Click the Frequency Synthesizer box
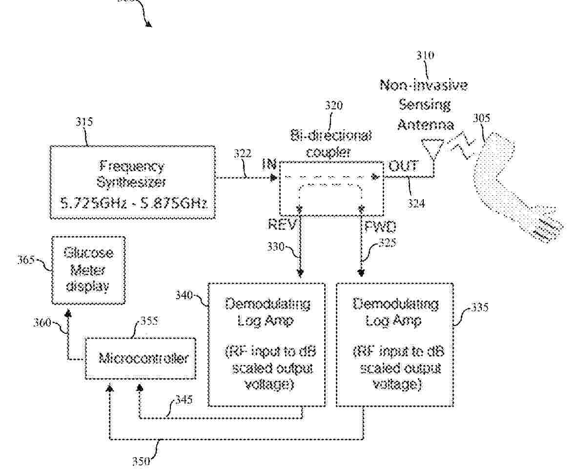click(x=132, y=182)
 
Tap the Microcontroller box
click(x=141, y=359)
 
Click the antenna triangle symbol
click(x=433, y=147)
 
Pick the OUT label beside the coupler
click(x=403, y=166)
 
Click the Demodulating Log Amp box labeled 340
click(x=267, y=344)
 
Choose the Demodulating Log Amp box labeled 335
click(x=394, y=344)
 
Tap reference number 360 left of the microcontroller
click(x=42, y=322)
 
